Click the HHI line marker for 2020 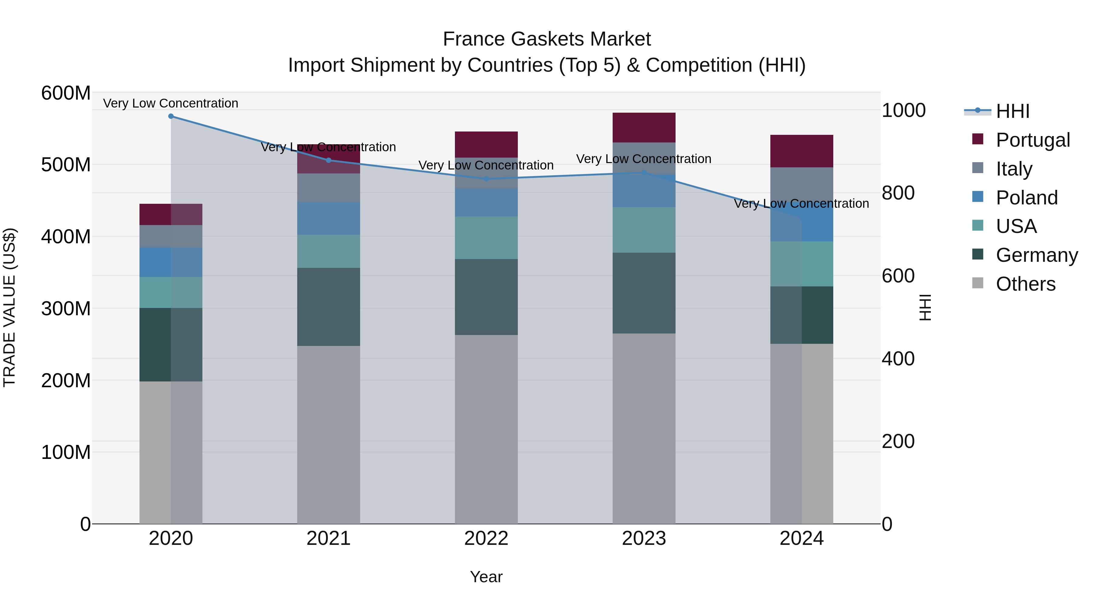click(171, 116)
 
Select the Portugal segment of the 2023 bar click(644, 127)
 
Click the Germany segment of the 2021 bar click(328, 307)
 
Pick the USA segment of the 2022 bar click(486, 238)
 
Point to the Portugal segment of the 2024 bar click(801, 151)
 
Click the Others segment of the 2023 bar click(644, 429)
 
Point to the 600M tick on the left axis click(66, 93)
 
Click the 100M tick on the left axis click(66, 453)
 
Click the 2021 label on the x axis click(328, 538)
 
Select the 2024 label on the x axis click(801, 538)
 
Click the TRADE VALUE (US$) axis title click(9, 307)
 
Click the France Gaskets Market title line click(547, 39)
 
